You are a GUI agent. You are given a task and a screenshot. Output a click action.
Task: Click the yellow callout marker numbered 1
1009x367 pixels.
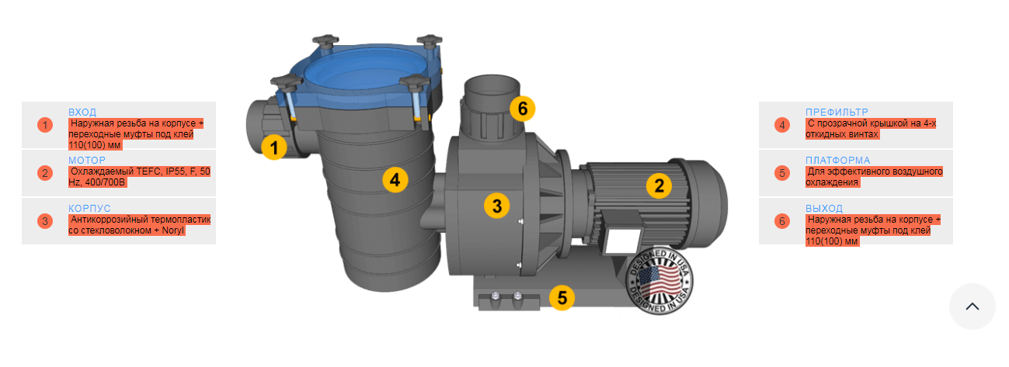pyautogui.click(x=274, y=147)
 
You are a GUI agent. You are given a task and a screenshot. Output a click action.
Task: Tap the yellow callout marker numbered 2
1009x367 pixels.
pyautogui.click(x=659, y=185)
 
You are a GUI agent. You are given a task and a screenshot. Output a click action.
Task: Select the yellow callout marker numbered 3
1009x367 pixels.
pyautogui.click(x=497, y=206)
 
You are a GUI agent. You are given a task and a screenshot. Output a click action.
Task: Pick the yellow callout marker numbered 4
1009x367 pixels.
pyautogui.click(x=395, y=180)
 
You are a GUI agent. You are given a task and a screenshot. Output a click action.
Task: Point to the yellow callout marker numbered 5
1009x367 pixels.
pyautogui.click(x=562, y=297)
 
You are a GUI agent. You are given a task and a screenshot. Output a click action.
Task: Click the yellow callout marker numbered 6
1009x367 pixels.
pyautogui.click(x=523, y=109)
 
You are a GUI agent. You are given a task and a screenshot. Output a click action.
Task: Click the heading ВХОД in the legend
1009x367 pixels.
pyautogui.click(x=82, y=112)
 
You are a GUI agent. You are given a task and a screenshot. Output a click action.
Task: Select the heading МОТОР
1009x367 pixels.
pyautogui.click(x=87, y=160)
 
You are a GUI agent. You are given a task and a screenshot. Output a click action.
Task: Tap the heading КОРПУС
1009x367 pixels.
pyautogui.click(x=89, y=208)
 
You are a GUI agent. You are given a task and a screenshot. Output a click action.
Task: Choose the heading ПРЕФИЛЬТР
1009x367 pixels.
pyautogui.click(x=837, y=112)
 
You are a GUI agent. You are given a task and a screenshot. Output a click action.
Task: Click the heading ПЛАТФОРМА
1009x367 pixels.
pyautogui.click(x=838, y=160)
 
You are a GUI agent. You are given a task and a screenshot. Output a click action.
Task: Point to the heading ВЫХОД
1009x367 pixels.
pyautogui.click(x=824, y=208)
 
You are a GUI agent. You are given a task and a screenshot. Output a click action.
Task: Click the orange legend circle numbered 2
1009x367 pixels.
pyautogui.click(x=45, y=173)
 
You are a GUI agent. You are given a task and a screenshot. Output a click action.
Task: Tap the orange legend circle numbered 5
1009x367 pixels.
pyautogui.click(x=782, y=173)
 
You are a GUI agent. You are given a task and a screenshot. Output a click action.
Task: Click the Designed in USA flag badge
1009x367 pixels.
pyautogui.click(x=660, y=281)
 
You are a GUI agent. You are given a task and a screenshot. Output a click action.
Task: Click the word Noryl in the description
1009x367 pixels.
pyautogui.click(x=173, y=230)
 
